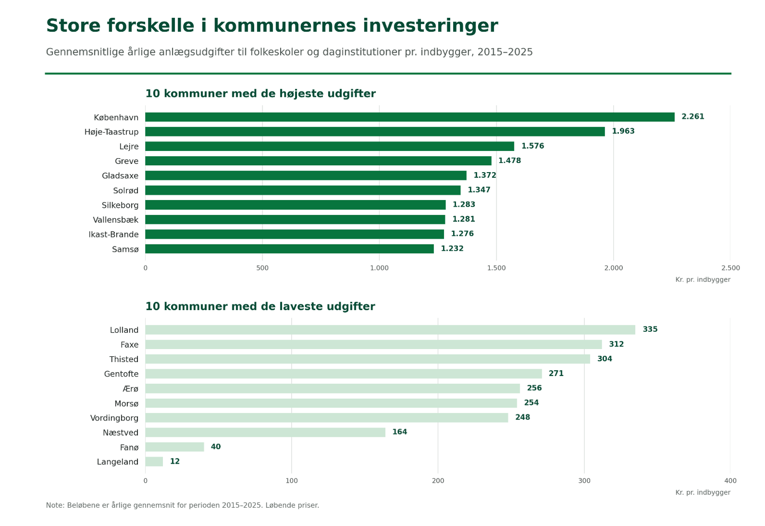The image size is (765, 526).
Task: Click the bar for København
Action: [410, 117]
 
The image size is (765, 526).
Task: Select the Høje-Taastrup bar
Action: [375, 132]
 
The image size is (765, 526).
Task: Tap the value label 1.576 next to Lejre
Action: [533, 146]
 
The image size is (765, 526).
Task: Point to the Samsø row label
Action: [125, 249]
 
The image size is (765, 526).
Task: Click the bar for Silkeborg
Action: [295, 205]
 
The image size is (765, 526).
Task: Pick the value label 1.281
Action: [463, 219]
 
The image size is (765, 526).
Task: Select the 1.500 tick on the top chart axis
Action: [496, 268]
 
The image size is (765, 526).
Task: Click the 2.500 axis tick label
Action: [730, 268]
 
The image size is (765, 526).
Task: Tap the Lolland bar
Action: [390, 330]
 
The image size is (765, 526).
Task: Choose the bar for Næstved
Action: [265, 432]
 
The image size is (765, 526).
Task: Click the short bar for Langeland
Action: [154, 462]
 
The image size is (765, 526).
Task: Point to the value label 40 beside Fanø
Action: [215, 447]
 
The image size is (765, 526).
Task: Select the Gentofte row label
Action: [121, 374]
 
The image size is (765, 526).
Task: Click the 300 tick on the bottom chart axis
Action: [584, 481]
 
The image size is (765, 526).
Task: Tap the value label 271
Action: [556, 374]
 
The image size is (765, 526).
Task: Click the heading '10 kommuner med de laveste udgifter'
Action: [260, 306]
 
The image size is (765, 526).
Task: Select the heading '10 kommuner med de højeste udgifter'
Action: [261, 94]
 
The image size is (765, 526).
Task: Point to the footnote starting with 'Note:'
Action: [182, 505]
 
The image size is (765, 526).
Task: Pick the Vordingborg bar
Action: [326, 418]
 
